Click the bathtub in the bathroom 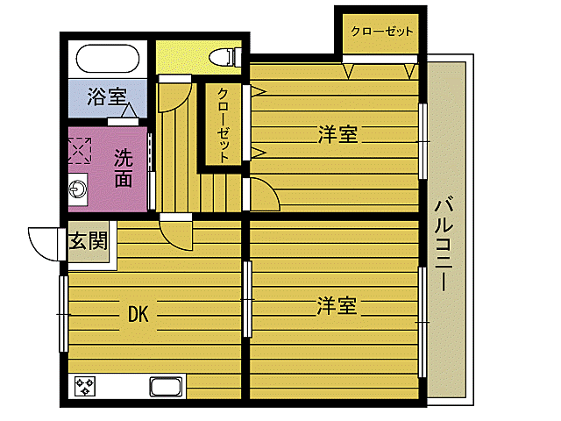107,61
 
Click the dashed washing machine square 82,150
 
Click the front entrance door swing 46,239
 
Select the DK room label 138,312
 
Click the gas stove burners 86,386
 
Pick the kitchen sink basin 166,386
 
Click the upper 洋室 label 337,135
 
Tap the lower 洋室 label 337,306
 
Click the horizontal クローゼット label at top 381,32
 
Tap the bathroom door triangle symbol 127,111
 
